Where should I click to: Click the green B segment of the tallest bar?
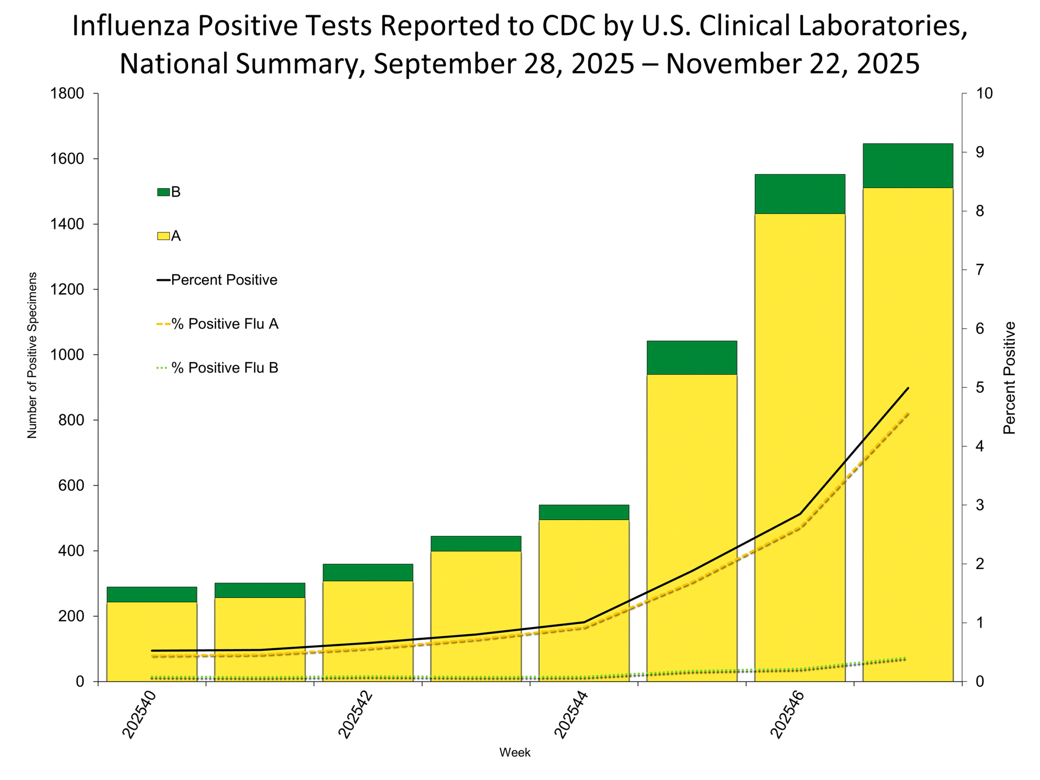[x=908, y=165]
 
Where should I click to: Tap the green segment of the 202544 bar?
[x=583, y=512]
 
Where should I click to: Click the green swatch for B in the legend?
[x=163, y=192]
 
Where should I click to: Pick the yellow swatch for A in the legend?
[x=163, y=236]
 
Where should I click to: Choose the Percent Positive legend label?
[x=224, y=280]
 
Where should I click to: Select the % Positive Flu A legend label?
[x=225, y=324]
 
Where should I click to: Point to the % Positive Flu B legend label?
[x=225, y=368]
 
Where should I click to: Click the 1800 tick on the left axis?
[x=67, y=93]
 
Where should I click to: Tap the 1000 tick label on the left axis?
[x=67, y=355]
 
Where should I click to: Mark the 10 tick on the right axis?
[x=984, y=93]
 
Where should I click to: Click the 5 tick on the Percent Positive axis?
[x=979, y=388]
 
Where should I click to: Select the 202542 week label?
[x=355, y=715]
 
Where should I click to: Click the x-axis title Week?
[x=514, y=752]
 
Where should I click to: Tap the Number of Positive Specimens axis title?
[x=32, y=355]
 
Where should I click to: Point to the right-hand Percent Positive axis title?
[x=1009, y=378]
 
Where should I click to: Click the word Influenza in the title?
[x=131, y=26]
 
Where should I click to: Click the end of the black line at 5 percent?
[x=908, y=388]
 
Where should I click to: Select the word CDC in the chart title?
[x=568, y=26]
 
